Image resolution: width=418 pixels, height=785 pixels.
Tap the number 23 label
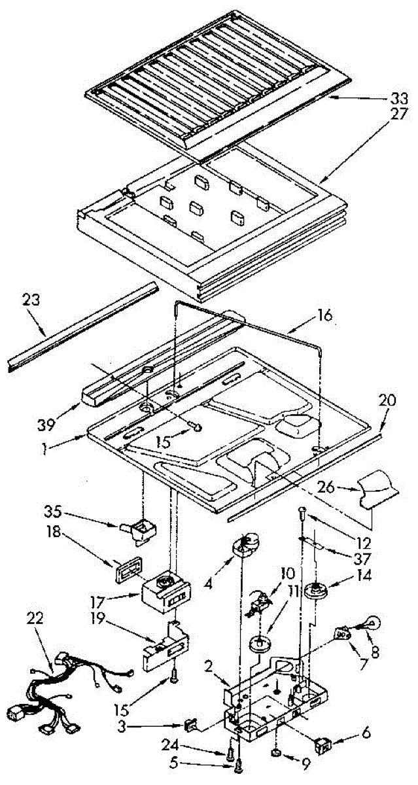click(31, 301)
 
